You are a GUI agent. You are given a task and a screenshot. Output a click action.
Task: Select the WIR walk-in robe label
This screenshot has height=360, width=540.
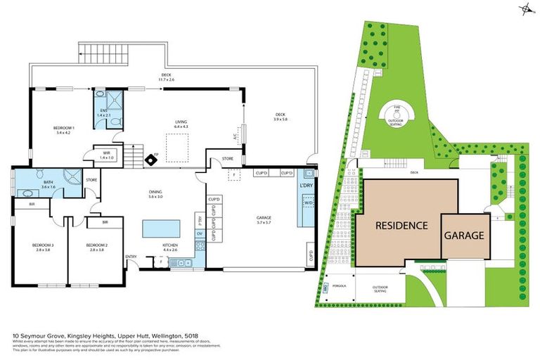pyautogui.click(x=106, y=155)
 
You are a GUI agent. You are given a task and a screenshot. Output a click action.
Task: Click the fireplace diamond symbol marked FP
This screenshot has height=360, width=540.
pyautogui.click(x=151, y=160)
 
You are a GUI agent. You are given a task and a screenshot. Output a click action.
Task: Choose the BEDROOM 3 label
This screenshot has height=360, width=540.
pyautogui.click(x=41, y=247)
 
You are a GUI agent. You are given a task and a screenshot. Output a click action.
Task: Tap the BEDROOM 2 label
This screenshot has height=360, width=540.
pyautogui.click(x=96, y=247)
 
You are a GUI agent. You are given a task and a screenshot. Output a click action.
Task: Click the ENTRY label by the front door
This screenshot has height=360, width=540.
pyautogui.click(x=131, y=256)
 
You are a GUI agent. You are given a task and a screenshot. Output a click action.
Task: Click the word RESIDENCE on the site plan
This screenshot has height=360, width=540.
pyautogui.click(x=400, y=226)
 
